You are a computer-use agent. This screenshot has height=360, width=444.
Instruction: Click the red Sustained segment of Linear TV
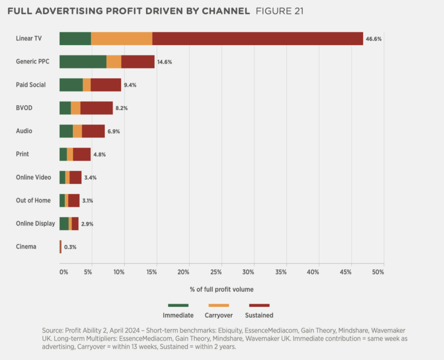(257, 38)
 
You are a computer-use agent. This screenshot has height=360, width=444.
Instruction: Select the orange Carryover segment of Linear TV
(121, 38)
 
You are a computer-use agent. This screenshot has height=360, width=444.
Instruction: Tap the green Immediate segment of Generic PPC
(83, 62)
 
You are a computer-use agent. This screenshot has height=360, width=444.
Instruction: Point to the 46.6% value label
(374, 39)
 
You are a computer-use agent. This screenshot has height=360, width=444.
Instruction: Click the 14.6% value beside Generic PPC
(165, 62)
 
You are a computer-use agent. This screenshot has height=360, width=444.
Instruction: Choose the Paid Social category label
(31, 85)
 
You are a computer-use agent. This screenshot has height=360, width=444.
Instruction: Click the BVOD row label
(24, 108)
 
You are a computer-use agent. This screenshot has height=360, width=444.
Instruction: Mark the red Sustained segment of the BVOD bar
(97, 108)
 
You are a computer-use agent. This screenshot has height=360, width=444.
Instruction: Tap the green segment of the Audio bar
(66, 131)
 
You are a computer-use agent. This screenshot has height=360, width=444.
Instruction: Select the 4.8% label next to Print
(100, 154)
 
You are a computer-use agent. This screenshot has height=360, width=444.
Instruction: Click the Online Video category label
(34, 177)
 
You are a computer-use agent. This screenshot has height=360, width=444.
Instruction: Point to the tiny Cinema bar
(60, 247)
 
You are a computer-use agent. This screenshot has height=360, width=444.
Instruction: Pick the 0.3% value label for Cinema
(70, 247)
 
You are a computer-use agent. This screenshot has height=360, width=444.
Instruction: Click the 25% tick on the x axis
(216, 272)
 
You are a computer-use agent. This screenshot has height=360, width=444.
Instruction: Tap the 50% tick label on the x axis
(378, 272)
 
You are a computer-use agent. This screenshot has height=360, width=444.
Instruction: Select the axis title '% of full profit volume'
(222, 289)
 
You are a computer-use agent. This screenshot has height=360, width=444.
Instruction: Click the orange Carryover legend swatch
(219, 305)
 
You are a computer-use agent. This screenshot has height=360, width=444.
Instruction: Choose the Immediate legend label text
(178, 315)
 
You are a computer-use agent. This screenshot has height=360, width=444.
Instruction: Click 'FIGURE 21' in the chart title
(280, 11)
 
